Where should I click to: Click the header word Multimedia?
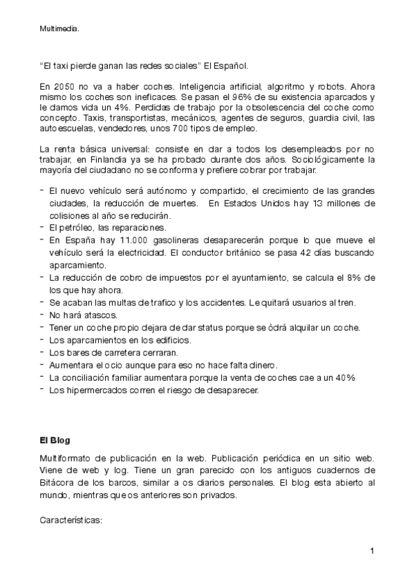tap(59, 28)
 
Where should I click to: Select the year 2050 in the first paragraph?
tap(64, 88)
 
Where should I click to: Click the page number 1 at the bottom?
tap(372, 551)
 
